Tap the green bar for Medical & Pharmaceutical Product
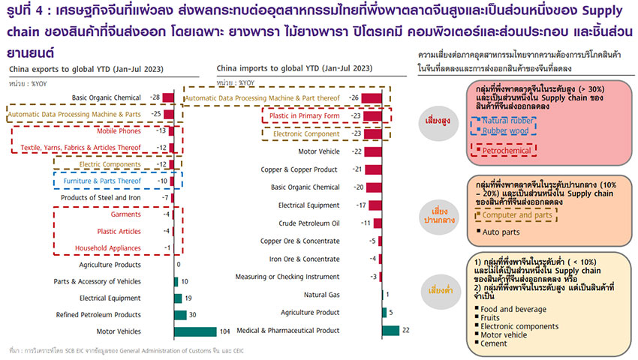390,330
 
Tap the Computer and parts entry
516,216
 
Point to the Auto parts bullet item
500,234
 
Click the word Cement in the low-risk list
495,343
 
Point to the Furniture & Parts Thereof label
102,181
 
